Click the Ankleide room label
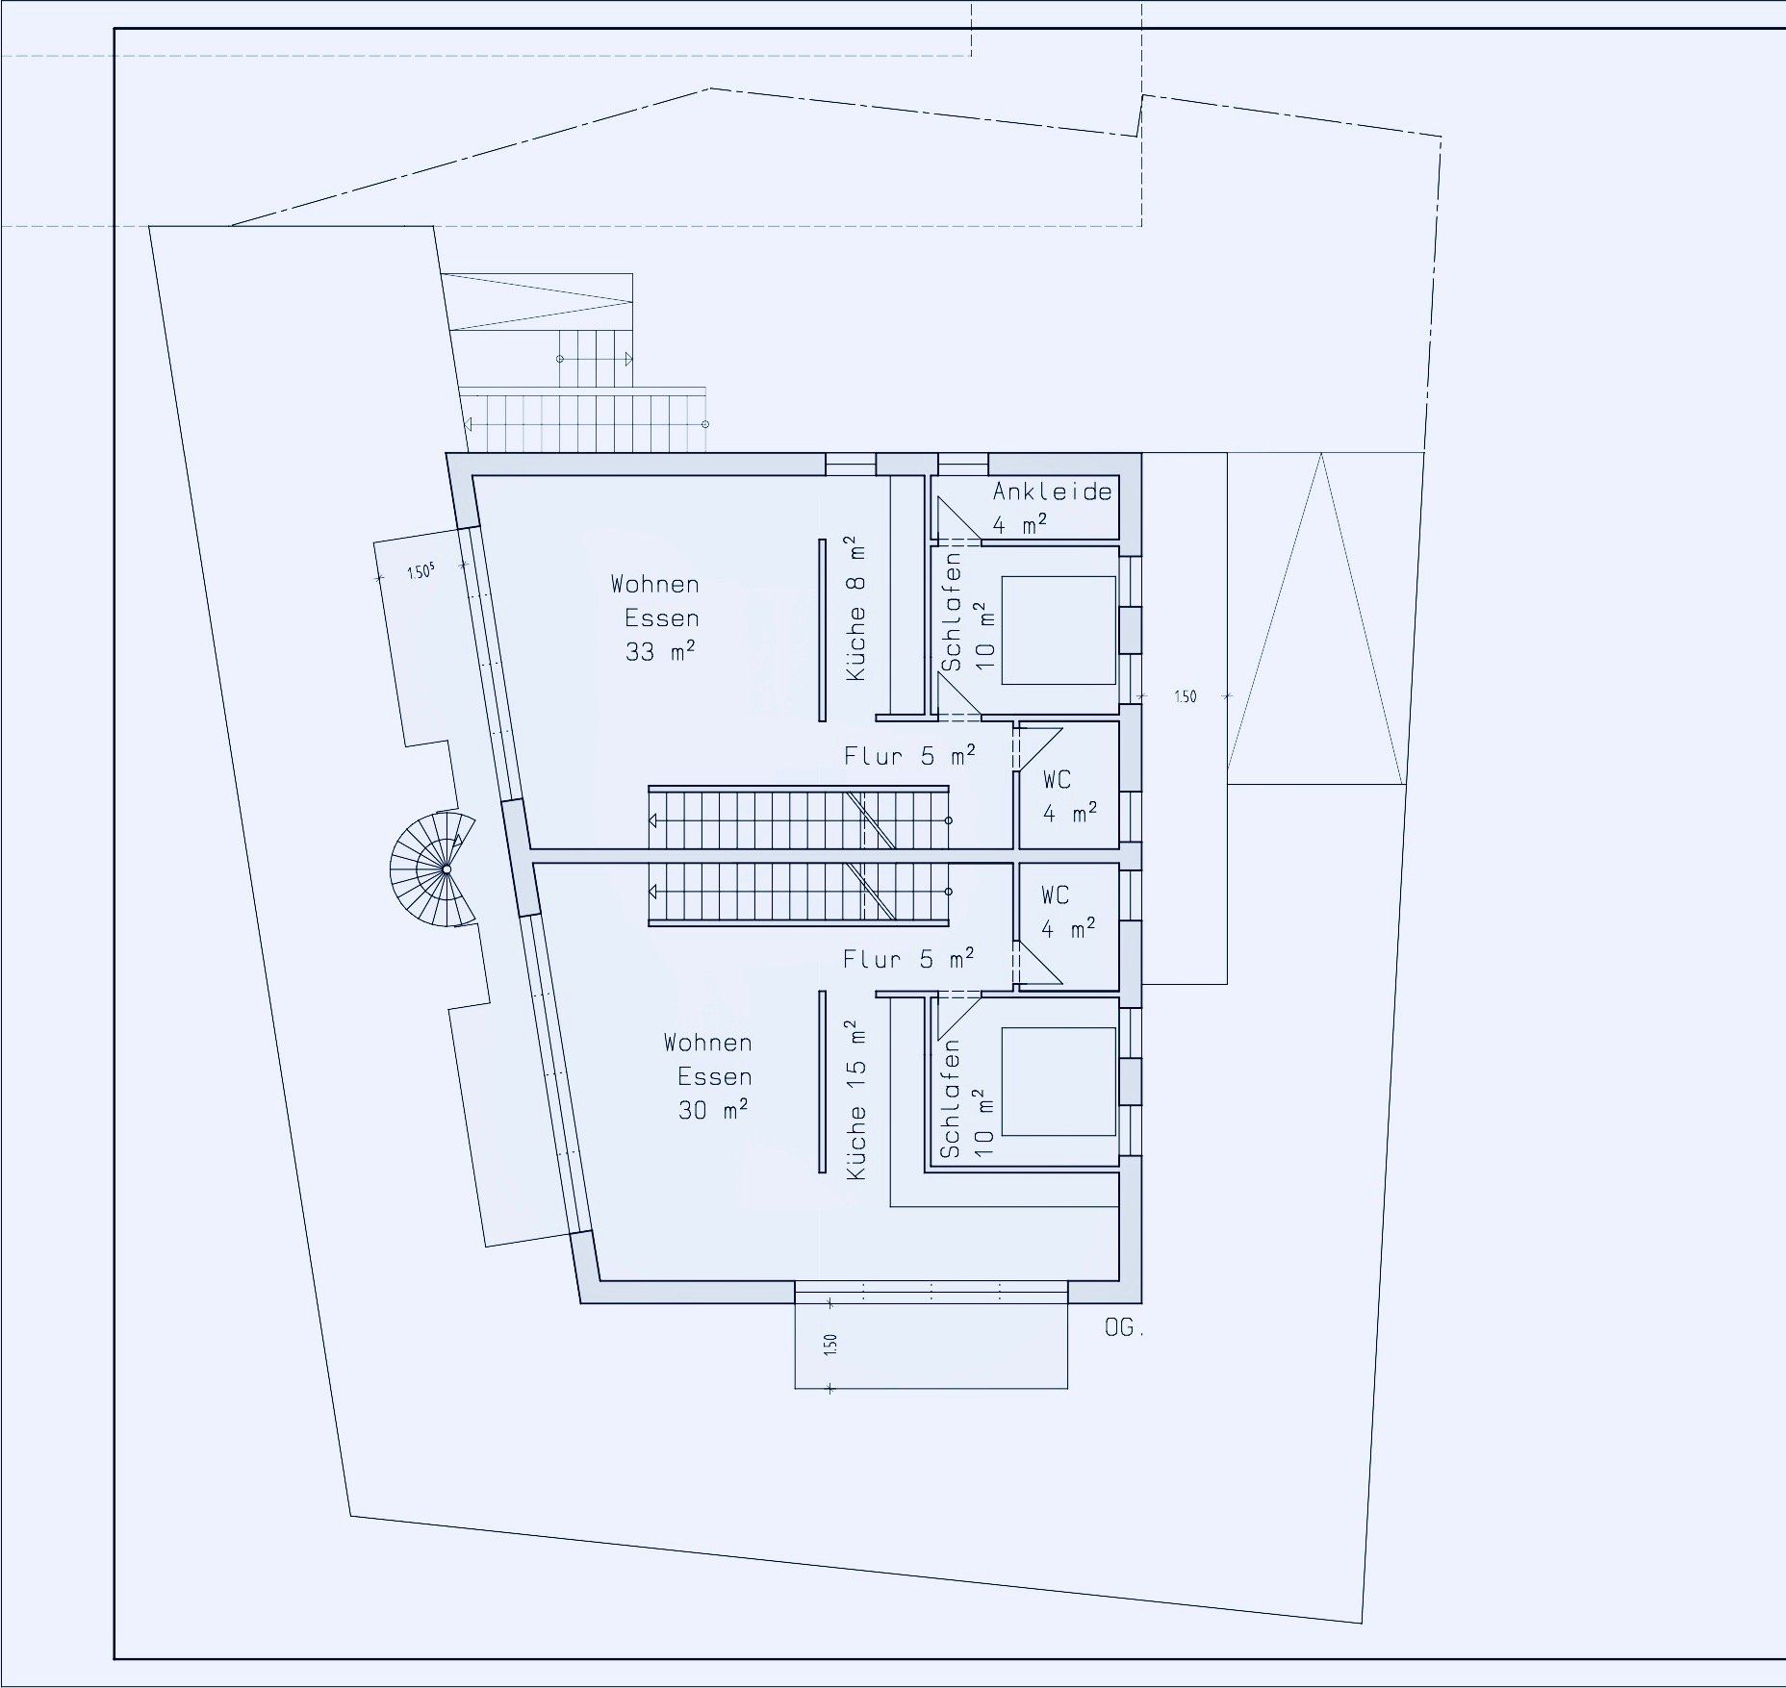(1052, 491)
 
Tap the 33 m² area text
(660, 651)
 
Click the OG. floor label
(1124, 1328)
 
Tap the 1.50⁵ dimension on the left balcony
(421, 572)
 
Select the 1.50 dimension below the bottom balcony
(830, 1344)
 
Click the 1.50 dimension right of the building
(1185, 696)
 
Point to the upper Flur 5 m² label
(909, 755)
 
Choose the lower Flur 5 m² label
(908, 958)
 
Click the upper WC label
(1057, 779)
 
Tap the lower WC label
(1055, 895)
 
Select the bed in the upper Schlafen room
(1059, 630)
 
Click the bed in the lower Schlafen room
(1059, 1082)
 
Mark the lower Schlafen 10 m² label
(965, 1098)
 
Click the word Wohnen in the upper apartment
(654, 584)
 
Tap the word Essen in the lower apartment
(714, 1076)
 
